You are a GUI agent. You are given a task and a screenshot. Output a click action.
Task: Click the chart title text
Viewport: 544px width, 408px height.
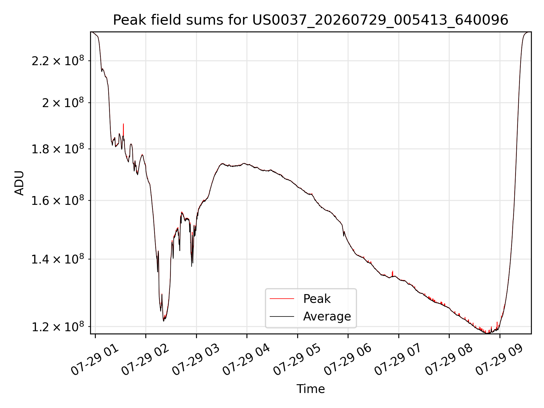click(311, 20)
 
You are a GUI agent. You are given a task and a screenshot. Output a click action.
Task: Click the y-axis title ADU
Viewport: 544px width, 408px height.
click(19, 183)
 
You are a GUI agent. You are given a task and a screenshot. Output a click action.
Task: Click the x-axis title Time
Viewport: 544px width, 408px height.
click(311, 389)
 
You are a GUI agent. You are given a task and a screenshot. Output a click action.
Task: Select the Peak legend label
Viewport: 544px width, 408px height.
click(317, 299)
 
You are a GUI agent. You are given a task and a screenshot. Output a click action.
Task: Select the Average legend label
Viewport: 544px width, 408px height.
click(327, 316)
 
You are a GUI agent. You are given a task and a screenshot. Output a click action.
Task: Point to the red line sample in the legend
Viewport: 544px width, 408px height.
click(282, 299)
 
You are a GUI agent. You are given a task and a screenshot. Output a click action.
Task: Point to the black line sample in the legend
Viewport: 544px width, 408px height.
click(282, 316)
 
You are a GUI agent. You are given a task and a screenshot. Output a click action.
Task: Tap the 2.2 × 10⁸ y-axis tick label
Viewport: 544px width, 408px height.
click(58, 60)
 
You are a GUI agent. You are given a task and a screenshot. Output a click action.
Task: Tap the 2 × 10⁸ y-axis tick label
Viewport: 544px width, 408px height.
click(63, 103)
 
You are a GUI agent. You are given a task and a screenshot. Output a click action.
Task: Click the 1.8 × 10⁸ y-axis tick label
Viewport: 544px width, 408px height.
click(58, 149)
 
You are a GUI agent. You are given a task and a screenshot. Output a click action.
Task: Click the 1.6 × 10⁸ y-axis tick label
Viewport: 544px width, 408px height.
click(58, 200)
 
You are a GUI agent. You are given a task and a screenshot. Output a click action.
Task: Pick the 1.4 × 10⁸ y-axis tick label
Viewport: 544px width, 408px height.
click(58, 259)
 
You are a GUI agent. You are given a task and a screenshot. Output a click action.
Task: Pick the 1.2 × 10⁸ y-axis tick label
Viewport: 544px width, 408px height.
click(58, 326)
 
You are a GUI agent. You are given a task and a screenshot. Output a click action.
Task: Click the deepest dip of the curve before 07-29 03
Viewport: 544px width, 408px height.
click(163, 320)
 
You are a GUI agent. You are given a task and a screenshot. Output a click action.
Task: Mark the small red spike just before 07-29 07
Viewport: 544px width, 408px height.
click(393, 273)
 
